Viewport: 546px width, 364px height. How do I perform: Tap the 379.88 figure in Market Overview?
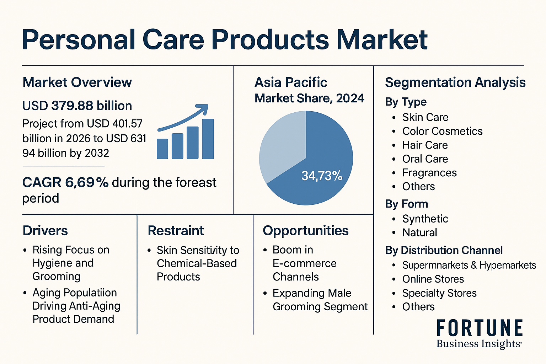tap(72, 106)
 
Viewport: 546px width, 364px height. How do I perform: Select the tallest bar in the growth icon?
tap(208, 139)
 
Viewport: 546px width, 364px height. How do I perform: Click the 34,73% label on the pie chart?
tap(322, 176)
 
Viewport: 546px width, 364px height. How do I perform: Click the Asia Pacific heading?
tap(291, 82)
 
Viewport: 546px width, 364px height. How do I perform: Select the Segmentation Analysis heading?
tap(455, 82)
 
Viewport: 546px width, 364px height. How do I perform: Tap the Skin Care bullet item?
tap(425, 117)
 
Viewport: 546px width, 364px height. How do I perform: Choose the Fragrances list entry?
tap(429, 173)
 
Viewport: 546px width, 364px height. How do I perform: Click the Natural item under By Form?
tap(420, 232)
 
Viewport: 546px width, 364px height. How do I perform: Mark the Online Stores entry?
tap(433, 279)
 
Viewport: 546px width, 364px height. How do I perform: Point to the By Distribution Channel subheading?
tap(444, 250)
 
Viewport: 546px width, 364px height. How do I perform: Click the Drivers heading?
tap(45, 231)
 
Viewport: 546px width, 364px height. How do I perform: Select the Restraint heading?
tap(176, 231)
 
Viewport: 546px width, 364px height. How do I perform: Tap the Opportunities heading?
tap(306, 231)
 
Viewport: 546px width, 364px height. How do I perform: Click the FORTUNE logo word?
tap(480, 328)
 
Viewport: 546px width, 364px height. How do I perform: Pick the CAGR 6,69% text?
tap(65, 182)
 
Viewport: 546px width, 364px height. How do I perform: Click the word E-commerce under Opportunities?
tap(304, 263)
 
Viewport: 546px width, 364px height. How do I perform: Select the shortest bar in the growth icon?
tap(162, 149)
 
